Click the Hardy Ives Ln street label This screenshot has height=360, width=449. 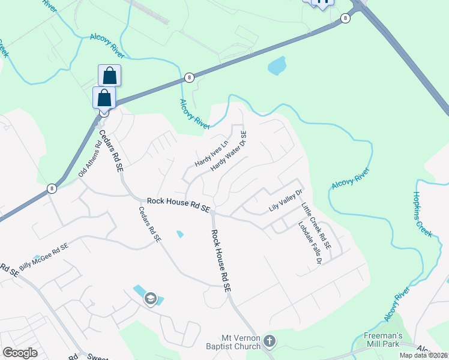[212, 154]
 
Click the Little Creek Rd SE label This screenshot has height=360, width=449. [316, 226]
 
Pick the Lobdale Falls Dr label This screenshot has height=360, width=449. [310, 243]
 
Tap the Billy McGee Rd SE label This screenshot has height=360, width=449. [43, 256]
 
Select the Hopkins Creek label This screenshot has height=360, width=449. [423, 214]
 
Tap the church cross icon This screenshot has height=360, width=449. [270, 341]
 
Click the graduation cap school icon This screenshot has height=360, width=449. [150, 299]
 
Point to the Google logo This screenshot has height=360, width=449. [20, 353]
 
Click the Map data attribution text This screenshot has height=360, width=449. [423, 355]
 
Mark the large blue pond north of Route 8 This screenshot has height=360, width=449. [277, 65]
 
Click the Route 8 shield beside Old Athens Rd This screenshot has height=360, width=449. [53, 188]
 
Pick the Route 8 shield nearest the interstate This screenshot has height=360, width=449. [345, 19]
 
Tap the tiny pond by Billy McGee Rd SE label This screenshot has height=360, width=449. [37, 258]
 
